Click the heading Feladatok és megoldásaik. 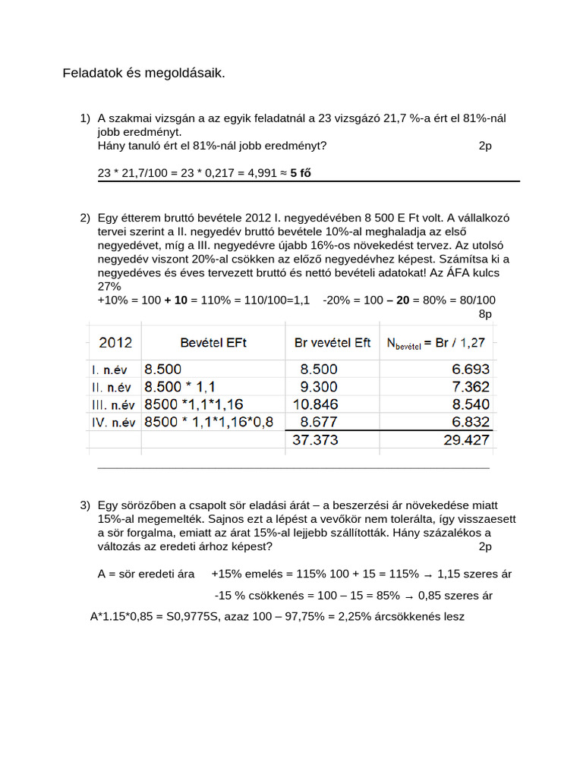(143, 74)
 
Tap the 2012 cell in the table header (115, 342)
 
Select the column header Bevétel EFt (213, 343)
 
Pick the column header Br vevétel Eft (332, 343)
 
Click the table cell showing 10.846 (317, 404)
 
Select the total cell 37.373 (316, 439)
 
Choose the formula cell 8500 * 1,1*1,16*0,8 (208, 421)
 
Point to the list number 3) (85, 505)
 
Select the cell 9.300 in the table (319, 386)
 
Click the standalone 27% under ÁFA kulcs (109, 286)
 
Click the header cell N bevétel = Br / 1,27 (437, 344)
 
